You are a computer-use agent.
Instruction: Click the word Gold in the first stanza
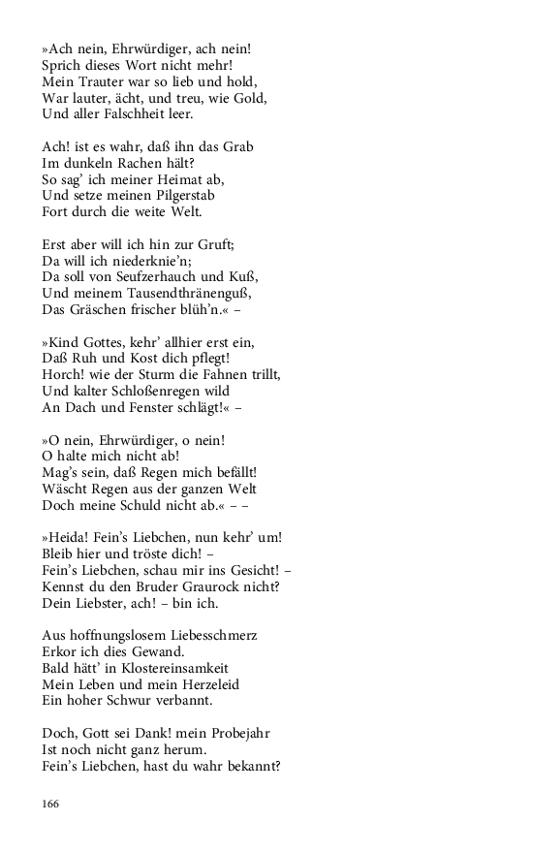tap(250, 98)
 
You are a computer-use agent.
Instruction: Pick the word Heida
tap(67, 538)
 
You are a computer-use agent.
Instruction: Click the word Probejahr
tap(228, 734)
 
